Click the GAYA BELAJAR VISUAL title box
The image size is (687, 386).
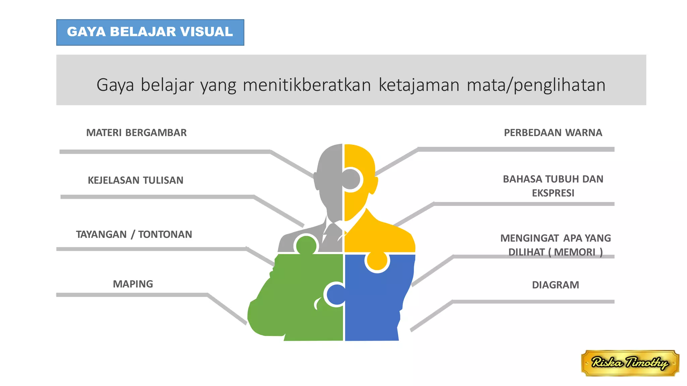[150, 32]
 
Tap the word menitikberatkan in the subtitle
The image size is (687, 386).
[307, 85]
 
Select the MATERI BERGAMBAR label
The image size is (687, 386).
[136, 133]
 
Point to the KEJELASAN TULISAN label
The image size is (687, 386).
[136, 180]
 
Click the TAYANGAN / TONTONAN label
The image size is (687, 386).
[134, 234]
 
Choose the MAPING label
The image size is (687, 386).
[133, 284]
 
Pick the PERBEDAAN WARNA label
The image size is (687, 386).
[553, 133]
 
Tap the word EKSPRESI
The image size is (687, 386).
[553, 193]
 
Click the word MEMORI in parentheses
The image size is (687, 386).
[574, 252]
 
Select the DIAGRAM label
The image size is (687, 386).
[555, 285]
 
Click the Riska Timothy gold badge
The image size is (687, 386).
[630, 363]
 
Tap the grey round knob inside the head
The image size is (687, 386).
[351, 179]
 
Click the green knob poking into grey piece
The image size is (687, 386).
[306, 245]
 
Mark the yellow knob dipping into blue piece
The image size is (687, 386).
[377, 261]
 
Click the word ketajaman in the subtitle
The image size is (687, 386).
[419, 85]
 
